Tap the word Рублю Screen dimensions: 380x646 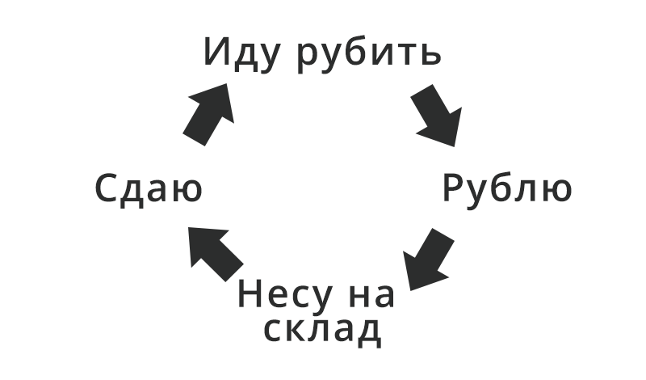point(507,189)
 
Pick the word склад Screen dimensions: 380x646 point(322,330)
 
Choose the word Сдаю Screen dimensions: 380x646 point(148,190)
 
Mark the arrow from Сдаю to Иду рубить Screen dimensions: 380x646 point(208,113)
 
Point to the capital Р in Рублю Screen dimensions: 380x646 point(455,188)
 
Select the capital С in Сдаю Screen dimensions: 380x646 point(107,190)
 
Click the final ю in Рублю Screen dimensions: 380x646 point(555,191)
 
